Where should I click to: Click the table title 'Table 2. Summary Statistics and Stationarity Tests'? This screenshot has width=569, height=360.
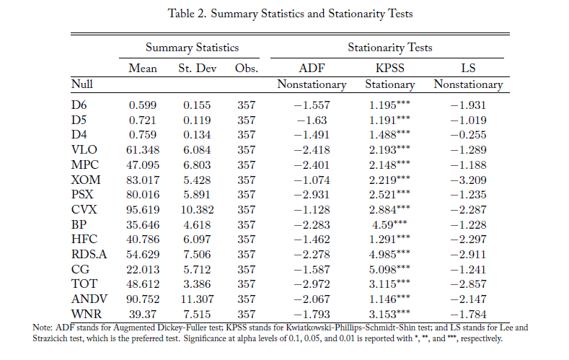290,14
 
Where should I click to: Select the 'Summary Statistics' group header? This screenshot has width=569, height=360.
192,48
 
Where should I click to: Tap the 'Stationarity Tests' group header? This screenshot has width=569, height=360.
389,48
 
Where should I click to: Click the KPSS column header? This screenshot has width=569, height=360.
389,69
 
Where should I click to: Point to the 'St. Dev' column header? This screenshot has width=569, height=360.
197,69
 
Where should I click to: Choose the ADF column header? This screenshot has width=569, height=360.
312,69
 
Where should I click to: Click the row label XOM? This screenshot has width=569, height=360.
86,180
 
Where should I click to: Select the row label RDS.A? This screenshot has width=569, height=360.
89,254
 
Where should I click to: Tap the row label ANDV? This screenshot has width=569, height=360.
89,299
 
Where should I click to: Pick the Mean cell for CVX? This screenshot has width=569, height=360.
143,210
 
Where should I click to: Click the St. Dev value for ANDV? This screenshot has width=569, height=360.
197,299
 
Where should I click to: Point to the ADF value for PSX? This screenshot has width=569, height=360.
312,195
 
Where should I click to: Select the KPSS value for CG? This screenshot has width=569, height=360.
389,269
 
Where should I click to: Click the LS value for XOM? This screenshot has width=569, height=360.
468,180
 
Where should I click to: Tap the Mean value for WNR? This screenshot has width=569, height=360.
143,315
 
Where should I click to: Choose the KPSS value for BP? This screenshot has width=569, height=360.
389,224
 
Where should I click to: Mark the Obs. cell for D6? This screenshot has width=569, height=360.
247,105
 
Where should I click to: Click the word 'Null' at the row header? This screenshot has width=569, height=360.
82,84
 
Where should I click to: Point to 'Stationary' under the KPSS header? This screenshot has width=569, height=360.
389,84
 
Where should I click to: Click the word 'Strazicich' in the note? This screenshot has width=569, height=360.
48,338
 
